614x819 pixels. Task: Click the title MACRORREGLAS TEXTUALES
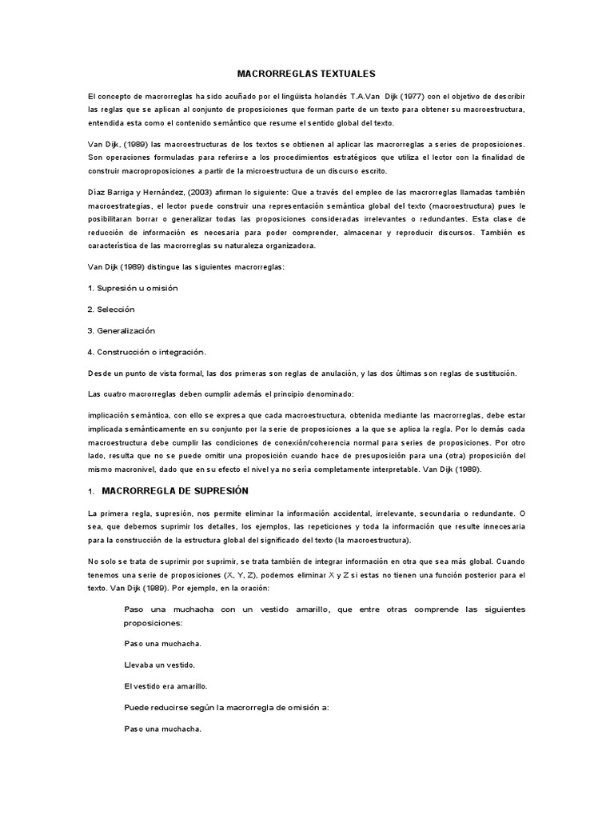[x=306, y=73]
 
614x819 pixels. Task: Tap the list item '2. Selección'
[x=112, y=309]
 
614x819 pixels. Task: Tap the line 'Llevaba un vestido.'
[x=160, y=665]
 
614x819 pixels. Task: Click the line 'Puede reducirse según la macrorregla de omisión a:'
[x=227, y=708]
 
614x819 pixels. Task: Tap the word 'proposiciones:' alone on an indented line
[x=153, y=622]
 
